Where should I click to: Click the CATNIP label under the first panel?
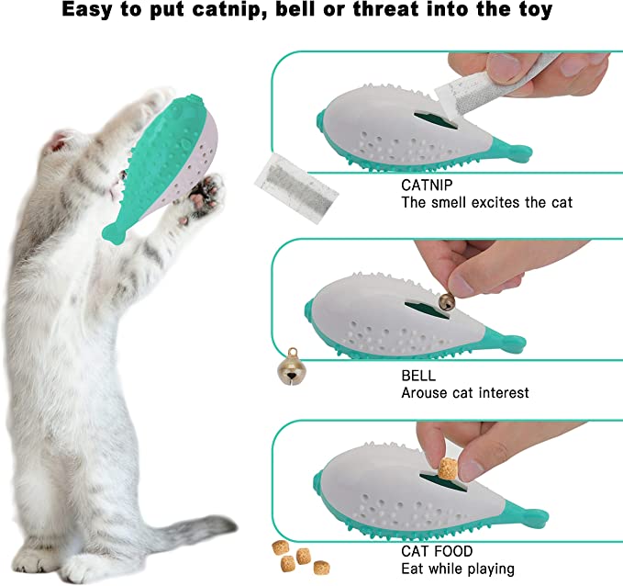[427, 185]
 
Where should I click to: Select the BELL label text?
[418, 376]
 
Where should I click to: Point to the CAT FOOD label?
[437, 551]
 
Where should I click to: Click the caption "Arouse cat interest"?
[465, 393]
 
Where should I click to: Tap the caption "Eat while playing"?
[458, 569]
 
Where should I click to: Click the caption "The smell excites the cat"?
[486, 202]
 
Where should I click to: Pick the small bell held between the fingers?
[447, 302]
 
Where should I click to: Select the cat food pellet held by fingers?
[447, 469]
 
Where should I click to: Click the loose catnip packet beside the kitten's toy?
[296, 187]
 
